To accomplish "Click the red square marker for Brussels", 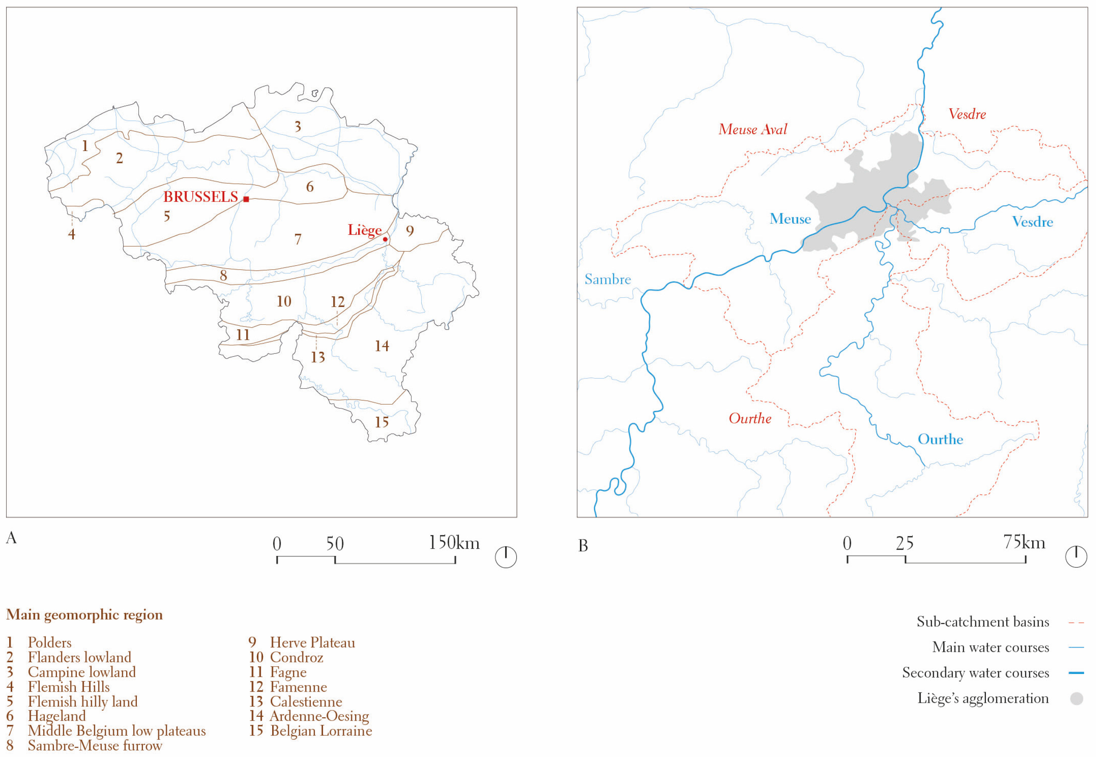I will [x=246, y=199].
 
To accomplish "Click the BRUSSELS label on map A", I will [x=201, y=197].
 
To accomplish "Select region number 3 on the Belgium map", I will [x=298, y=126].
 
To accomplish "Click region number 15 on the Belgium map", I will [x=382, y=422].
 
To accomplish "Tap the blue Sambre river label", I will [x=607, y=279].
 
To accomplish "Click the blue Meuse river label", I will [x=790, y=219].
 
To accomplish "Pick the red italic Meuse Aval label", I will [x=753, y=130].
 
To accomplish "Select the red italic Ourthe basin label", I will [x=750, y=418].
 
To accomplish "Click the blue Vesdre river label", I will [x=1033, y=222].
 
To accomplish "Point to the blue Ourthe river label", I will [x=940, y=439].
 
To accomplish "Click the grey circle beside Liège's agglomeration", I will [x=1077, y=699].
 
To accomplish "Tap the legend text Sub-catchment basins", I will [x=982, y=622].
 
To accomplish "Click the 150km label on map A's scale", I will [x=454, y=543].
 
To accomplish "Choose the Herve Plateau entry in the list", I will [x=312, y=643].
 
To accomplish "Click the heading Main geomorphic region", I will [x=84, y=615].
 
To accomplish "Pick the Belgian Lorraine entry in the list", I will [x=321, y=731].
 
